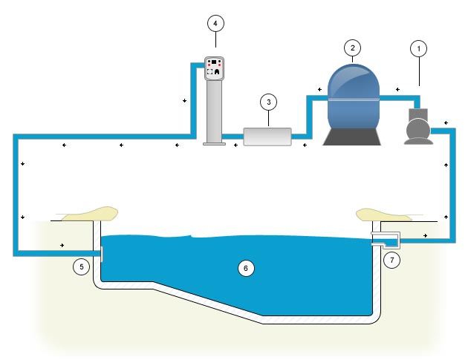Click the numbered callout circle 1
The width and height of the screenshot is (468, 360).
click(420, 49)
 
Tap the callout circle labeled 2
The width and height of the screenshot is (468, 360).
click(353, 48)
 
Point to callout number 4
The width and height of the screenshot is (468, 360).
click(215, 23)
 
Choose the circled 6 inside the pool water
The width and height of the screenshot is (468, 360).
click(246, 268)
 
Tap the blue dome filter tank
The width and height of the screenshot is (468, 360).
click(354, 94)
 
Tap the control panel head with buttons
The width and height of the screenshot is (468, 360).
click(215, 68)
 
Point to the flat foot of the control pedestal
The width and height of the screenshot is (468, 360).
click(215, 143)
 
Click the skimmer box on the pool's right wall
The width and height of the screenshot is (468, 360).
click(387, 240)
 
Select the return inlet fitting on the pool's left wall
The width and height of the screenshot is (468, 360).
click(100, 253)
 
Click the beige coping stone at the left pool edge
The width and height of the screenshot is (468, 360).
click(88, 215)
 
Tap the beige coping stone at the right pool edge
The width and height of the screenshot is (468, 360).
click(383, 214)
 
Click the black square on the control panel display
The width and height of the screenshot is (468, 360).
click(215, 62)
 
